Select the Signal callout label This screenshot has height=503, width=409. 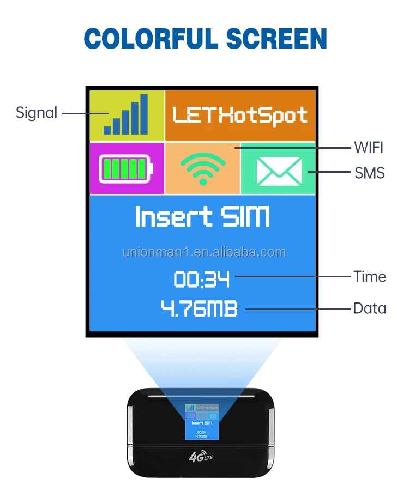(37, 113)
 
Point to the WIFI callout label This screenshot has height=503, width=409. (369, 147)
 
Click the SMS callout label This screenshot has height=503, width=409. (369, 173)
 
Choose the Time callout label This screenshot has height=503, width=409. (369, 276)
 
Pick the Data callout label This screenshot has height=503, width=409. (369, 308)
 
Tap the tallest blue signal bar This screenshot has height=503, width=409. (143, 114)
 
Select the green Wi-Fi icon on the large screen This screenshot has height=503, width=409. (202, 168)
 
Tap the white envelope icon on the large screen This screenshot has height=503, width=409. (279, 171)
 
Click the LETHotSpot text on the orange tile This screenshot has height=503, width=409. (240, 115)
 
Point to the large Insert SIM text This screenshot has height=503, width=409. (202, 217)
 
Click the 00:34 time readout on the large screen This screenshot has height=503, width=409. (202, 280)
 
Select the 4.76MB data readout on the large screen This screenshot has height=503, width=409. (200, 308)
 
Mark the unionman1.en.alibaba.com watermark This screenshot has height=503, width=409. (204, 252)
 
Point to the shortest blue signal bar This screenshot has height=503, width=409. (107, 130)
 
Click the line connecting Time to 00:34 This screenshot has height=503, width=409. (292, 276)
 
